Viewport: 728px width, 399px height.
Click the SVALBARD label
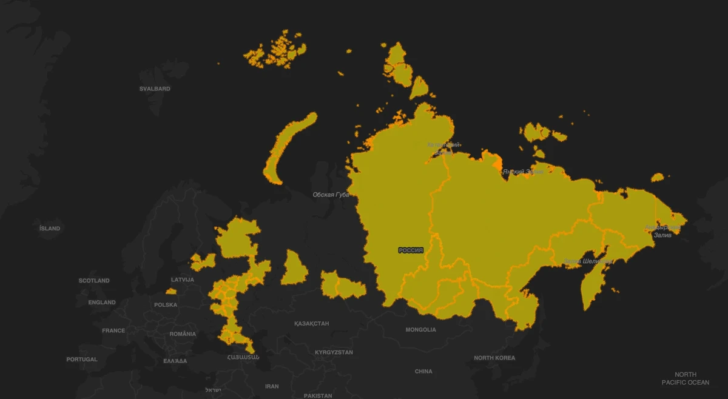point(155,89)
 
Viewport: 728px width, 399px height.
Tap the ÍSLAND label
point(50,228)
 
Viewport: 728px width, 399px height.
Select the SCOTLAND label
point(94,281)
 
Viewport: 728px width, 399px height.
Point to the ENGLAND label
point(102,302)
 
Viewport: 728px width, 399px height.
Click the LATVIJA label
point(183,280)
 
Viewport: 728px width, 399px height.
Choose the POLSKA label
point(166,304)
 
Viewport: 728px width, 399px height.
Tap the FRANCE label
point(113,330)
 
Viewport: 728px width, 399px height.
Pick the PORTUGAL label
point(82,359)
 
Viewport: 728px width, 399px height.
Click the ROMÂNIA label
point(183,334)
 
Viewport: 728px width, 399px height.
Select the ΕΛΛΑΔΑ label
point(175,361)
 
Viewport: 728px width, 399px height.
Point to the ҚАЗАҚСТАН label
point(311,323)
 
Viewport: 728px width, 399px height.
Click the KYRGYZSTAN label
point(334,352)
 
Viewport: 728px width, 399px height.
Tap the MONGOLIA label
point(421,330)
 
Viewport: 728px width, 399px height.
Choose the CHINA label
point(423,371)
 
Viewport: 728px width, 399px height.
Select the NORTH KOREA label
point(494,358)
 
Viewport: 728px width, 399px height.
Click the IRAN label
point(272,386)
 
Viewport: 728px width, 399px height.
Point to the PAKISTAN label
point(318,395)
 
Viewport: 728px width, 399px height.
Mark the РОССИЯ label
point(411,250)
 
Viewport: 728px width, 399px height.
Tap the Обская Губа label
point(331,195)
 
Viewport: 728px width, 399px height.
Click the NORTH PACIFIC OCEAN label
point(686,378)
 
